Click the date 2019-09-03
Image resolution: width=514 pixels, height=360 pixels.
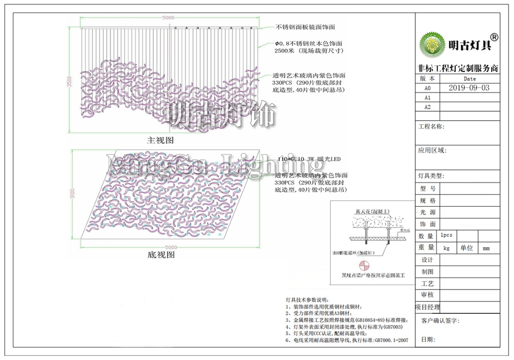tap(469, 87)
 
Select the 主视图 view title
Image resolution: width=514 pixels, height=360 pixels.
tap(160, 141)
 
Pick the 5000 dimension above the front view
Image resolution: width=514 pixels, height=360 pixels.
tap(168, 18)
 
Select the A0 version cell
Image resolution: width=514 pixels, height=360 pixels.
tap(427, 88)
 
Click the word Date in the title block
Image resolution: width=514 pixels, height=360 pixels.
tap(469, 78)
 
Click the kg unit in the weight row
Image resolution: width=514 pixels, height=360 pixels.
tap(446, 248)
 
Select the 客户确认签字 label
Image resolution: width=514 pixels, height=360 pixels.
tap(441, 321)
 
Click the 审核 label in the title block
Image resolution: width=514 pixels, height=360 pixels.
tap(427, 295)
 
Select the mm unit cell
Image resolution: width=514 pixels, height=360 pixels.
tap(486, 248)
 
